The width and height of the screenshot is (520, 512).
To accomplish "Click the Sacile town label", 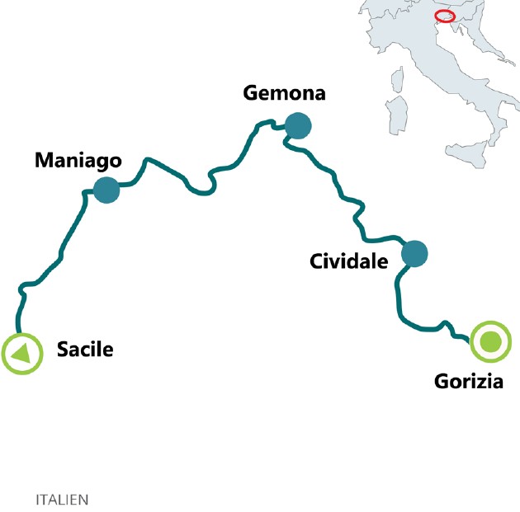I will (84, 350).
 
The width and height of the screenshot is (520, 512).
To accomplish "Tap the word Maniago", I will (78, 160).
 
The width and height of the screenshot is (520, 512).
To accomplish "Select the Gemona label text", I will (284, 93).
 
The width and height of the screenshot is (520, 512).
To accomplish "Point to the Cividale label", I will (348, 261).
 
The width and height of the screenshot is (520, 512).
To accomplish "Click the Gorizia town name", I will (468, 381).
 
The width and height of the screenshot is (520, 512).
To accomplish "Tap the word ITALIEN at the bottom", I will (62, 500).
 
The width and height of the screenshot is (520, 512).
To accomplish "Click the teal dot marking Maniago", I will (106, 190).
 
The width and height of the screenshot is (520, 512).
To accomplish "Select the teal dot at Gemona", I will (297, 126).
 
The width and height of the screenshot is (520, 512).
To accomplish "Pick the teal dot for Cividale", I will (414, 254).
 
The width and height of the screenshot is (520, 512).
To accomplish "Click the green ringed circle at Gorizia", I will (490, 341).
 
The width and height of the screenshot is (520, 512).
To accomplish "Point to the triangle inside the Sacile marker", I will (21, 355).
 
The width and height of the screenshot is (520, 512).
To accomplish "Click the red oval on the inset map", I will (446, 16).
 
